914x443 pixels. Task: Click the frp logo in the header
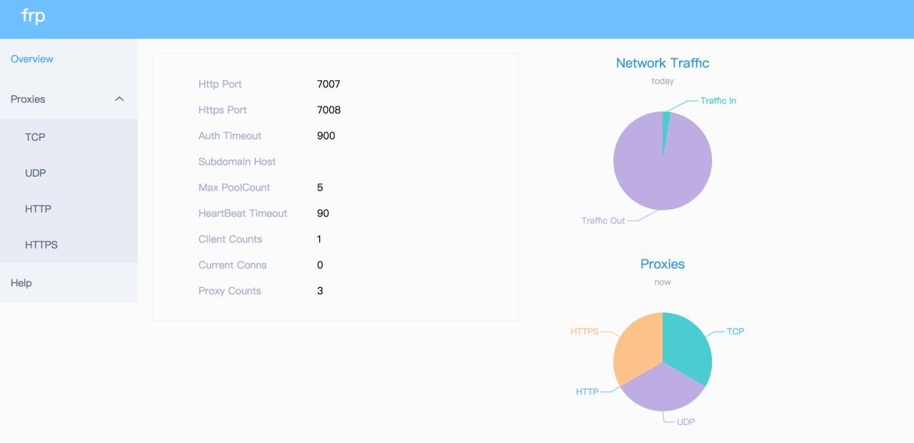point(34,16)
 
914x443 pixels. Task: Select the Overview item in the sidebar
point(32,59)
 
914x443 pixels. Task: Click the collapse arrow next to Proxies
point(119,99)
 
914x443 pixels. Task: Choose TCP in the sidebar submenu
point(35,137)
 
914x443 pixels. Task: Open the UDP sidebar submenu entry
point(36,173)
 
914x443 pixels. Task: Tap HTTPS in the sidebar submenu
point(41,244)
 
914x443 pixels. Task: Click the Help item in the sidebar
point(21,283)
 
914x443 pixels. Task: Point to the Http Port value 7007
point(328,84)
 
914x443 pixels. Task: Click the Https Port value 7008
point(328,110)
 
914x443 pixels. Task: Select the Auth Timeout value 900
point(326,136)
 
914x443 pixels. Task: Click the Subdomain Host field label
point(237,161)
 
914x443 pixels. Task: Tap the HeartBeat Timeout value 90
point(323,213)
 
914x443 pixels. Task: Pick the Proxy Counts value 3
point(320,291)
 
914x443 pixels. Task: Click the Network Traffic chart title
point(663,63)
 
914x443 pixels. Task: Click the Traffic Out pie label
point(603,221)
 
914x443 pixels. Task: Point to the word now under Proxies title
point(663,282)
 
